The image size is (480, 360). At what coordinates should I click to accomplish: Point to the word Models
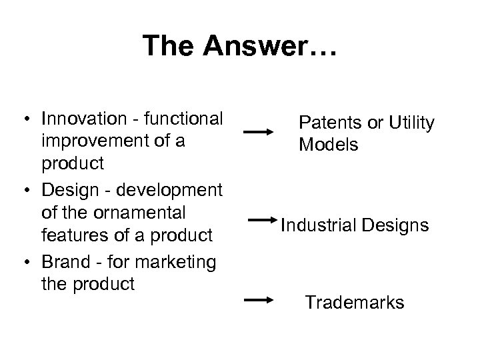pyautogui.click(x=328, y=145)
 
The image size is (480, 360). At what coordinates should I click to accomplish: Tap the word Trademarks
pyautogui.click(x=355, y=303)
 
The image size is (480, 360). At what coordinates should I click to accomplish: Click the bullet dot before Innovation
pyautogui.click(x=23, y=120)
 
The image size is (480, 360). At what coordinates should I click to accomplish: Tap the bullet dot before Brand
pyautogui.click(x=23, y=263)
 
